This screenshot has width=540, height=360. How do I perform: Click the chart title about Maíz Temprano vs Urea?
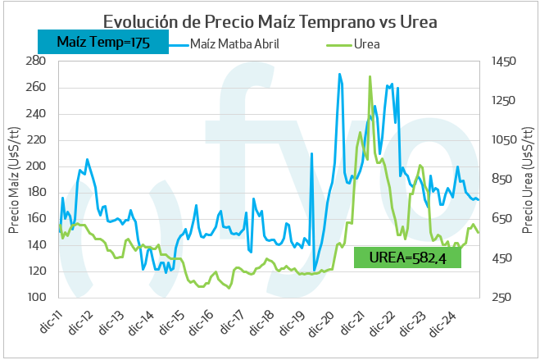pyautogui.click(x=270, y=20)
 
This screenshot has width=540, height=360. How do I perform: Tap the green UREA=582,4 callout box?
pyautogui.click(x=407, y=257)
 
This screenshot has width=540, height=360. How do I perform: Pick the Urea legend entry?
pyautogui.click(x=365, y=43)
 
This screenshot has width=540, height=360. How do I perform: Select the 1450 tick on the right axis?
pyautogui.click(x=503, y=62)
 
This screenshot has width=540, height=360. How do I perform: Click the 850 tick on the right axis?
pyautogui.click(x=503, y=180)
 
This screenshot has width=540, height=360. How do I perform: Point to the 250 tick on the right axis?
pyautogui.click(x=503, y=297)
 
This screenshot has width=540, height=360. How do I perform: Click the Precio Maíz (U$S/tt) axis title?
pyautogui.click(x=14, y=180)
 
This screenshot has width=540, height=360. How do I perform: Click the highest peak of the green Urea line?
pyautogui.click(x=370, y=77)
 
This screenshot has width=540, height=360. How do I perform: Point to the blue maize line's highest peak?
pyautogui.click(x=340, y=75)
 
